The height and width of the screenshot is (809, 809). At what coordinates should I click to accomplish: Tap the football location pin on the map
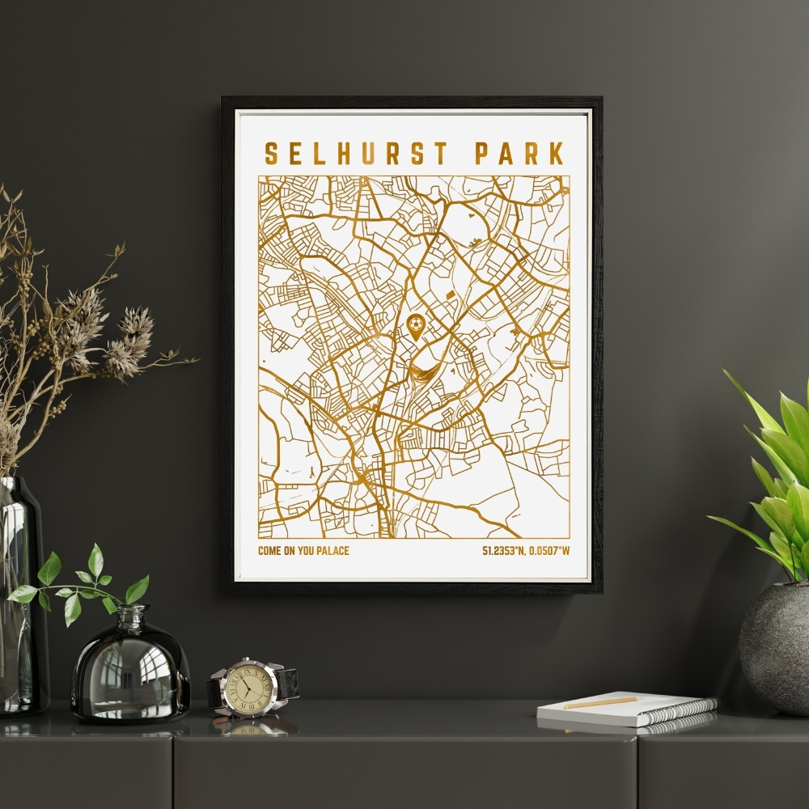click(416, 326)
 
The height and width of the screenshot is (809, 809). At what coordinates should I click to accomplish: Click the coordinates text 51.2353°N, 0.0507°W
click(526, 552)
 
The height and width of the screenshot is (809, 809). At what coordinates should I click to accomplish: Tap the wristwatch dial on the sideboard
click(248, 688)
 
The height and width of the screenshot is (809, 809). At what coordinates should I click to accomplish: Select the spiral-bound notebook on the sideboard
click(627, 709)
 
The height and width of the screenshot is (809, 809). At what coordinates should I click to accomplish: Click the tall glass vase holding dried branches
click(20, 599)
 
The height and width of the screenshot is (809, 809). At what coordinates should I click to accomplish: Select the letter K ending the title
click(555, 154)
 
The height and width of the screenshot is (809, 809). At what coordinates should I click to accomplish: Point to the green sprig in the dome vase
click(81, 582)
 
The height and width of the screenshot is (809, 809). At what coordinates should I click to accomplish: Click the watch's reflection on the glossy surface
click(251, 726)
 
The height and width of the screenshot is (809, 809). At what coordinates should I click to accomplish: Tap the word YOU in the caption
click(303, 552)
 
